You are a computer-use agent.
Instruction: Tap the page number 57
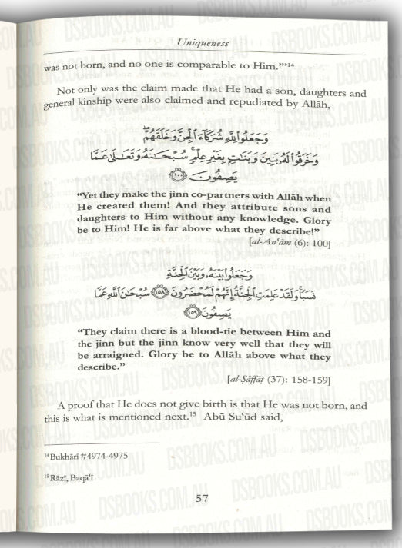203,498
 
